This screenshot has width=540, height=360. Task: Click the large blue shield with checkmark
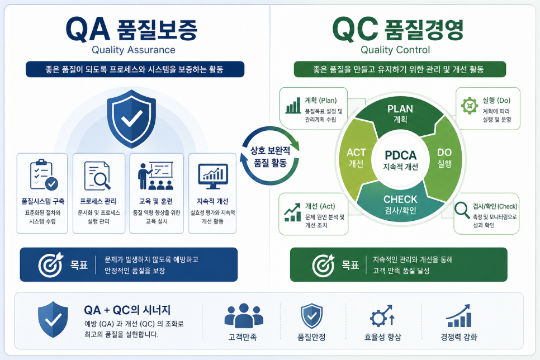tap(131, 118)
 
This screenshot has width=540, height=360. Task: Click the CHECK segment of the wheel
tap(400, 204)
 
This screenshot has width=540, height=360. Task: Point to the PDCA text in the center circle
tap(400, 155)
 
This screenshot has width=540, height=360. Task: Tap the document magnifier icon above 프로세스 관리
tap(98, 176)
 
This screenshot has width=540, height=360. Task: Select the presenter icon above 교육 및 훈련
tap(155, 176)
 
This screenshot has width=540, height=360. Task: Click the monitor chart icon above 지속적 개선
tap(213, 176)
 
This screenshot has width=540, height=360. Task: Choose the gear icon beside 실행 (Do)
tap(470, 106)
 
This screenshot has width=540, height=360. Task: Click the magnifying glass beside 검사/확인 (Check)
tap(462, 210)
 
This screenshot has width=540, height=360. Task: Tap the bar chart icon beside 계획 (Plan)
tap(293, 105)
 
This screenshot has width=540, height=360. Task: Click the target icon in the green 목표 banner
tap(323, 266)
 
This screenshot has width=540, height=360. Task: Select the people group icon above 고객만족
tap(244, 316)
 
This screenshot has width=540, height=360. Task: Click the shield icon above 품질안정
tap(312, 316)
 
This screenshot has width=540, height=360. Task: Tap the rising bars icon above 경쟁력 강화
tap(459, 316)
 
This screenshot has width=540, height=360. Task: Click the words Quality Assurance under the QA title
tap(134, 50)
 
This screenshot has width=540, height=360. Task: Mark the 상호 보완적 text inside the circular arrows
tap(270, 150)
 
